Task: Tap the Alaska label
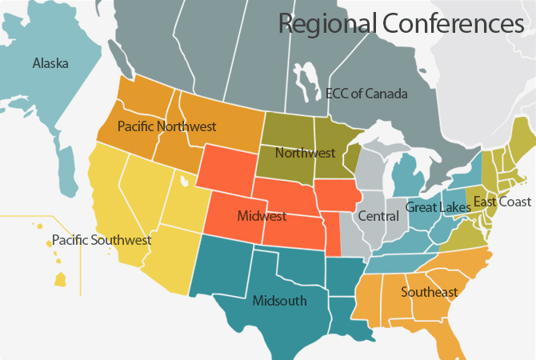pos(50,63)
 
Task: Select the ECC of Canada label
pos(366,94)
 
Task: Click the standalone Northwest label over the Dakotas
pos(304,152)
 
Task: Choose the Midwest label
pos(262,216)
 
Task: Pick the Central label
pos(378,216)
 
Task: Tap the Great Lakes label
pos(433,207)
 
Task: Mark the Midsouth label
pos(278,301)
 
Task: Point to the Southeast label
pos(430,292)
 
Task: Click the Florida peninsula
pos(455,336)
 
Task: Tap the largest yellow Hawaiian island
pos(60,279)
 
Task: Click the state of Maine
pos(522,131)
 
